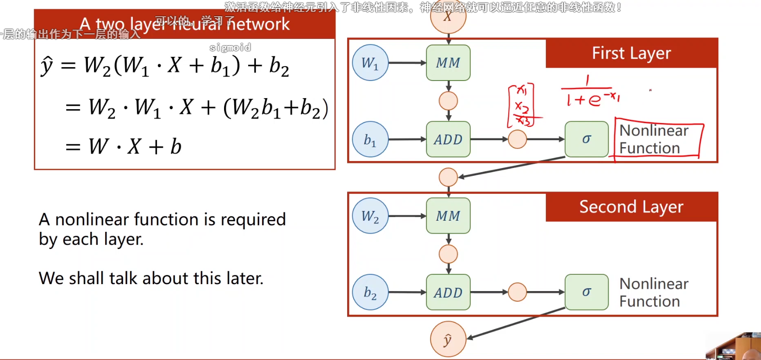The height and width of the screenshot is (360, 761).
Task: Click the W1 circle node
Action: (370, 63)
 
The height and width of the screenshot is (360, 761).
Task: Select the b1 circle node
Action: (370, 139)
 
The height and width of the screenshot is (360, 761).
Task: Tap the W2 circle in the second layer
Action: (370, 216)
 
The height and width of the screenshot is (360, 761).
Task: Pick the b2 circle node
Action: (370, 292)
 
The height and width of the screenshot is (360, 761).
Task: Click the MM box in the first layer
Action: (448, 63)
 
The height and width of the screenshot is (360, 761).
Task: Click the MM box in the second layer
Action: (448, 216)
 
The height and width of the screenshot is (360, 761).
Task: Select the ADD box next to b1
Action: (448, 139)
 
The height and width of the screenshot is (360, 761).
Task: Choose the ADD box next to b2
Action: (448, 292)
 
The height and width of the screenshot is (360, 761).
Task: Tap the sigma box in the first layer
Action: (586, 139)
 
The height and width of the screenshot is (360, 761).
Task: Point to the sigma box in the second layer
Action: (586, 292)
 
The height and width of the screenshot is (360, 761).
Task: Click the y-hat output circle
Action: (448, 340)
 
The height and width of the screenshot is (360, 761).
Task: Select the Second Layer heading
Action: (631, 207)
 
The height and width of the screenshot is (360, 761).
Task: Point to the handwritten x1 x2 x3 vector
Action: (522, 106)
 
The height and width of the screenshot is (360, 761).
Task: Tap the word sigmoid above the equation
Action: (230, 48)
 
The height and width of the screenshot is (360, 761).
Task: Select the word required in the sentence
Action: (253, 220)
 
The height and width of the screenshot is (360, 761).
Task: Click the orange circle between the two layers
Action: (448, 177)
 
